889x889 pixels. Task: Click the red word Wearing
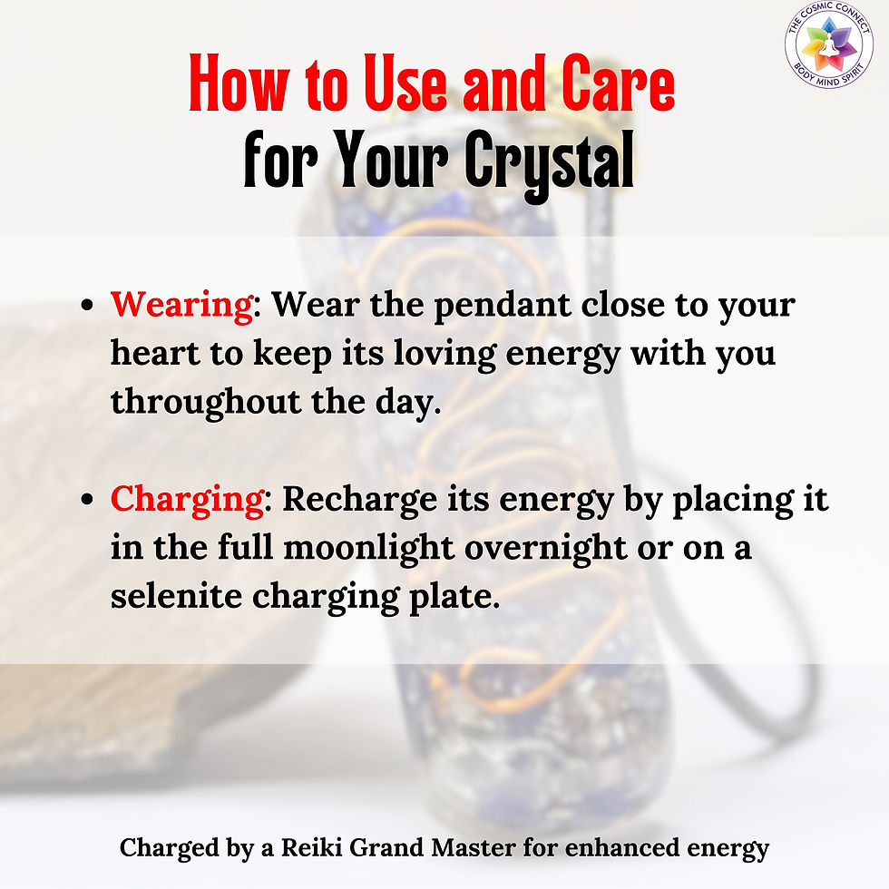pyautogui.click(x=181, y=305)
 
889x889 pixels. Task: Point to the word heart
pyautogui.click(x=153, y=353)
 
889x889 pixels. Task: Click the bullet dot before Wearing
pyautogui.click(x=88, y=307)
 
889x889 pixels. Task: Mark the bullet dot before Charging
pyautogui.click(x=88, y=502)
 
